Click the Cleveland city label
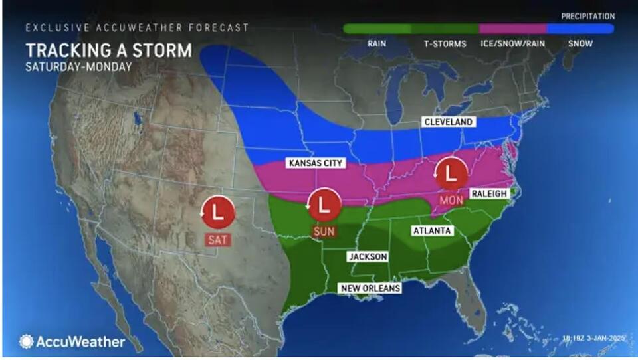pos(449,122)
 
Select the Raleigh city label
pos(489,193)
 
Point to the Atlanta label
pos(432,230)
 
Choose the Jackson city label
pos(368,256)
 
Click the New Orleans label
pos(370,288)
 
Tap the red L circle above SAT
pos(218,212)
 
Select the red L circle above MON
pos(450,173)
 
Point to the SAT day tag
pos(217,239)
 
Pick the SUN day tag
pos(324,231)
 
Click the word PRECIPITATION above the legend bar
pos(587,15)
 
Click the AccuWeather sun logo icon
pos(26,341)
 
